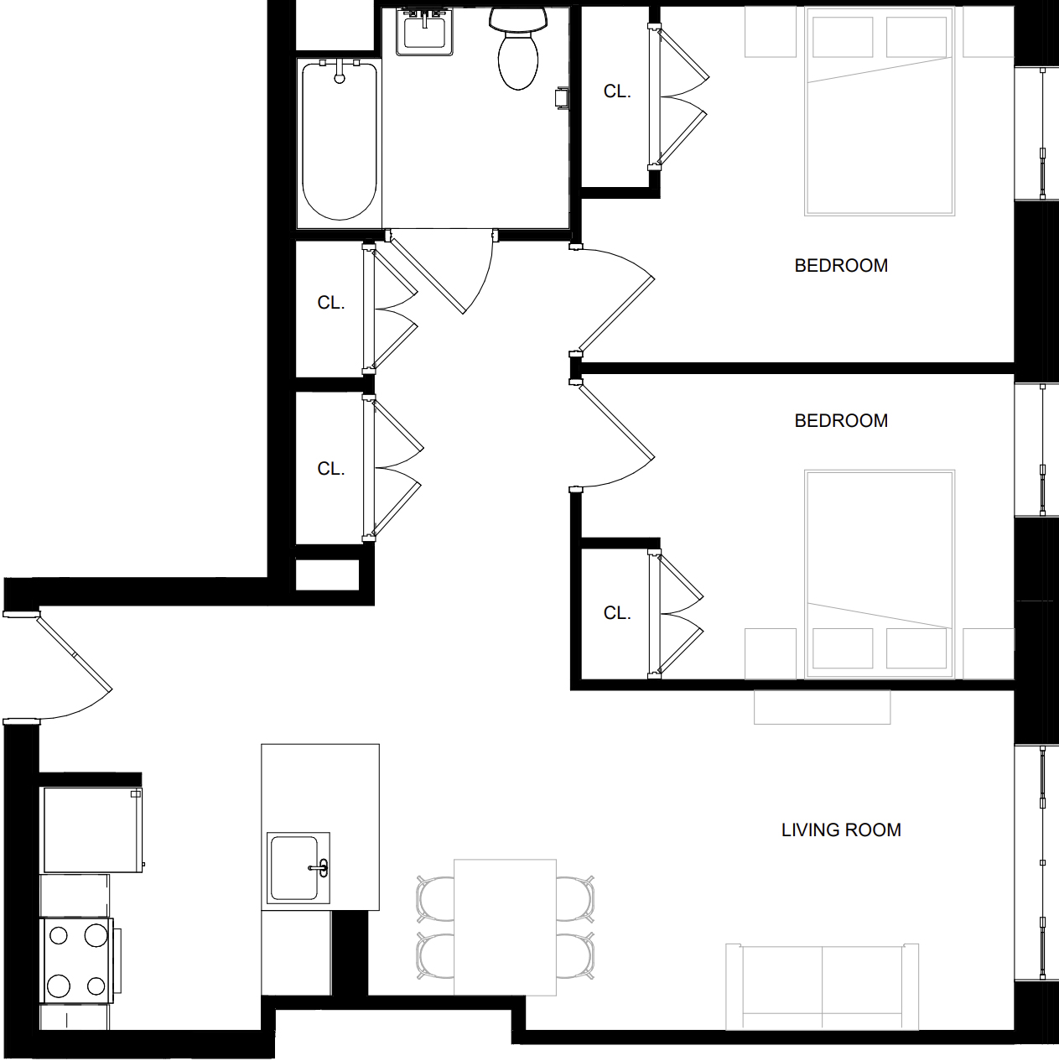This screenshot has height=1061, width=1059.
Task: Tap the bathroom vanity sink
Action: coord(424,32)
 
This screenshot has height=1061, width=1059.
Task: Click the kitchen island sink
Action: coord(298,867)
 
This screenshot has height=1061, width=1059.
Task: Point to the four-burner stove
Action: coord(76,960)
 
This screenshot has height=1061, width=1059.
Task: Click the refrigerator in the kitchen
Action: coord(91,830)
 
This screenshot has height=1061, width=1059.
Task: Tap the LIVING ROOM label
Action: coord(840,830)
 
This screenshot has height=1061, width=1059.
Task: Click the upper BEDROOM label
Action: coord(840,265)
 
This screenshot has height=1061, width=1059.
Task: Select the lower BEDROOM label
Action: coord(840,420)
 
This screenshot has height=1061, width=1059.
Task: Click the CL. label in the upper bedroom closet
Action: coord(616,91)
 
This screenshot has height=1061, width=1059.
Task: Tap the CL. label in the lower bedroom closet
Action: coord(616,613)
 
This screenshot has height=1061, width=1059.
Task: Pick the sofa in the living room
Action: coord(822,986)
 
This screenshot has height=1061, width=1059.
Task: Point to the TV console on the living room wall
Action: coord(822,707)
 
